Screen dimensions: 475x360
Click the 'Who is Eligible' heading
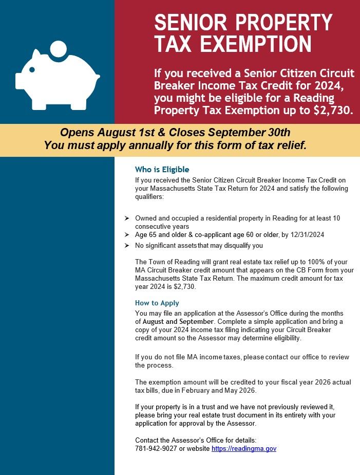[x=162, y=170]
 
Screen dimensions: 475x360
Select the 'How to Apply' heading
[x=157, y=303]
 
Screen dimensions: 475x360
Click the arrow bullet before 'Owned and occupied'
[x=126, y=218]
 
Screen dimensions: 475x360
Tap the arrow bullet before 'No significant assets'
[x=126, y=246]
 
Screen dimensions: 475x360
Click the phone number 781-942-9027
[x=156, y=449]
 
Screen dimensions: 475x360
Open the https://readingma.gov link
[x=244, y=449]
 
